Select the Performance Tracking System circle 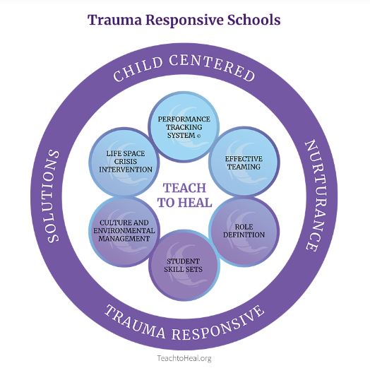coord(184,126)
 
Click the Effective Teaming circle coord(244,162)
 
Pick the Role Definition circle coord(244,231)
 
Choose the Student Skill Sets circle coord(184,265)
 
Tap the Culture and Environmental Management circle coord(124,231)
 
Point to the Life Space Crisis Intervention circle coord(124,162)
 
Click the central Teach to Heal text coord(184,195)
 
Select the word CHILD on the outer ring coord(138,69)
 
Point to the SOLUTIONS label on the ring coord(53,196)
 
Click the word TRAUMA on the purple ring coord(135,321)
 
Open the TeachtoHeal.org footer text coord(184,358)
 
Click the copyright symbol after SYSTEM coord(199,136)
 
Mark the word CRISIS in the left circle coord(125,162)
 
